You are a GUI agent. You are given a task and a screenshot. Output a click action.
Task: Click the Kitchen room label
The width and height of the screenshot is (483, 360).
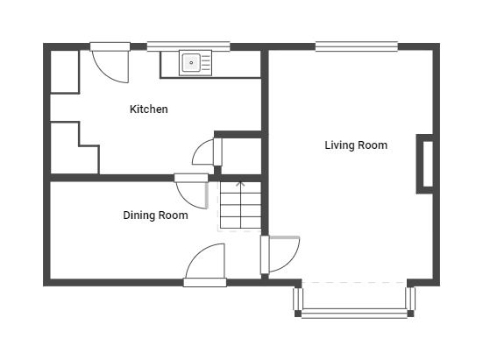point(149,109)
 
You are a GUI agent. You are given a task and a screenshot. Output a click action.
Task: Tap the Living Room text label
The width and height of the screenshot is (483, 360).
point(356,145)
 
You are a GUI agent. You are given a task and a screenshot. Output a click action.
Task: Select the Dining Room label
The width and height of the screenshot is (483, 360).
point(155,215)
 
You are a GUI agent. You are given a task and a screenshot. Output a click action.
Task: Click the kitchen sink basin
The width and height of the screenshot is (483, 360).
point(191,62)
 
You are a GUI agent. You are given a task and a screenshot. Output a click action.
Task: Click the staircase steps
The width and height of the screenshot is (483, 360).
point(240,206)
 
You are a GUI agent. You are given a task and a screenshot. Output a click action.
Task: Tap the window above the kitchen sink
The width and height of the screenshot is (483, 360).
point(188,46)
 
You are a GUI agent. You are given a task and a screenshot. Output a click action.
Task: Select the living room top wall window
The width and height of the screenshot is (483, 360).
point(357,46)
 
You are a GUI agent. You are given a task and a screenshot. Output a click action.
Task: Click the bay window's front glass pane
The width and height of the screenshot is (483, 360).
point(354,313)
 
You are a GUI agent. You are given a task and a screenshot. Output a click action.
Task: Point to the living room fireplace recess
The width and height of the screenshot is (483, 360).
point(425,164)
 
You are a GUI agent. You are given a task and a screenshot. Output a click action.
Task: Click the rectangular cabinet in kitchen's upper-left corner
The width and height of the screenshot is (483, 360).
point(65,72)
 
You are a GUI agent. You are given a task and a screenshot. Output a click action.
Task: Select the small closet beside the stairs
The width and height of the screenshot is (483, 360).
point(241,155)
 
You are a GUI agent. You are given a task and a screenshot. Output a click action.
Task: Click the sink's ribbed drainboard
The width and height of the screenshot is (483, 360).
point(206,63)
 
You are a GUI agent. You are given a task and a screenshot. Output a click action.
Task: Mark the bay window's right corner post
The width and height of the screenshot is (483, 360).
point(410,314)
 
